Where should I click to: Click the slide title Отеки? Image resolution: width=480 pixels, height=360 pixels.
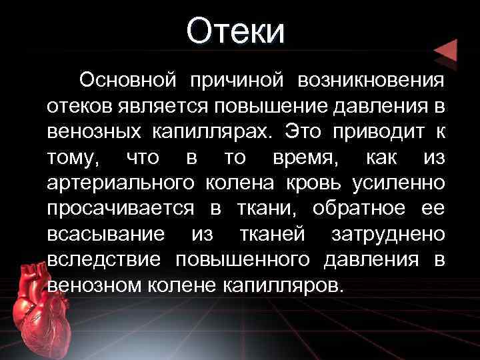coord(235,33)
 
